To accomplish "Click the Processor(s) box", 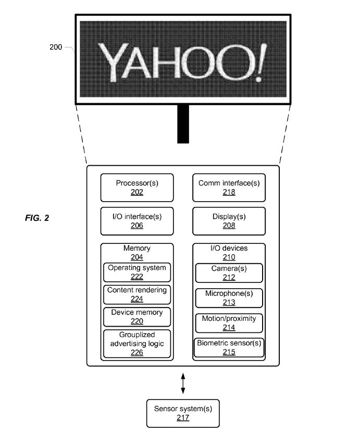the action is click(137, 188).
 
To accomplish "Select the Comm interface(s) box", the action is click(229, 188).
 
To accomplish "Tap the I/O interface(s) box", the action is click(137, 221).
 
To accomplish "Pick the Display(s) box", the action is click(229, 221).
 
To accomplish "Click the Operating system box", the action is click(137, 273).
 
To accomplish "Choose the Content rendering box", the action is click(137, 294).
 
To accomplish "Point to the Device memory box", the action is click(137, 317).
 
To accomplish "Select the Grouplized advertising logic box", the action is click(137, 344).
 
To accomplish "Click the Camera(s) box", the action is click(229, 273).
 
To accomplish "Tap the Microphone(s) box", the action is click(229, 298).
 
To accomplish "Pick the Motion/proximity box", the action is click(229, 323).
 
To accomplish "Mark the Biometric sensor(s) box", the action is click(229, 348).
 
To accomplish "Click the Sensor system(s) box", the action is click(183, 413).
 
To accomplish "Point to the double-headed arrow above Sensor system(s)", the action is click(183, 383).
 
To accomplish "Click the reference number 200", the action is click(56, 47).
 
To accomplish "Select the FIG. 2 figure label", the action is click(37, 218).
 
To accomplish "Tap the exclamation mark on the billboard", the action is click(260, 63).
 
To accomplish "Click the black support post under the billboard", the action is click(183, 124).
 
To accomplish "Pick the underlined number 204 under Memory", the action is click(137, 257).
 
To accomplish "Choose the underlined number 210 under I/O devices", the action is click(229, 257).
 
